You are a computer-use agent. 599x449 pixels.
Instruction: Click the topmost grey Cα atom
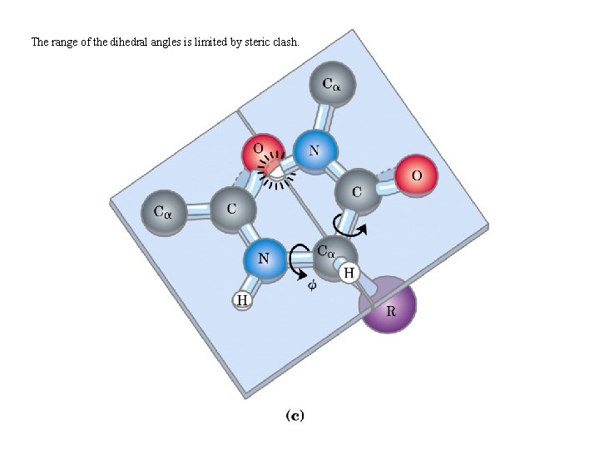tap(334, 86)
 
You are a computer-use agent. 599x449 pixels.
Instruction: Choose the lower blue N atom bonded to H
tap(264, 259)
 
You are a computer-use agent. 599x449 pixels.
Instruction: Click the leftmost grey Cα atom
tap(162, 212)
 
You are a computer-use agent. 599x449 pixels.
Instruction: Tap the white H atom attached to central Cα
tap(349, 272)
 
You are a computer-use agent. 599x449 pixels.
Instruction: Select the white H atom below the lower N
tap(241, 300)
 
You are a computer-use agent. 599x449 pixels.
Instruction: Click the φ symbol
tap(312, 284)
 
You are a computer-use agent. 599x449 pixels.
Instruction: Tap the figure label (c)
tap(295, 414)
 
